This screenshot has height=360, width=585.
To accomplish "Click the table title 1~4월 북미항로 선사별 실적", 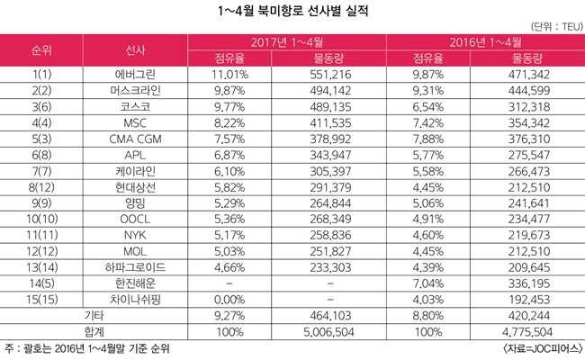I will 292,12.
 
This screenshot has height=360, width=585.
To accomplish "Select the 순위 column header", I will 41,50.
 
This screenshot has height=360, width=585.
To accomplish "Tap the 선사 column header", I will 136,50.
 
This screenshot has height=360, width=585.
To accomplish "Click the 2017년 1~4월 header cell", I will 288,42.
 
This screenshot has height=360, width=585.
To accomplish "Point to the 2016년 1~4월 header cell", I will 485,42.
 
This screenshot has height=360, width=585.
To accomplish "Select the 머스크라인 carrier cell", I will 135,92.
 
